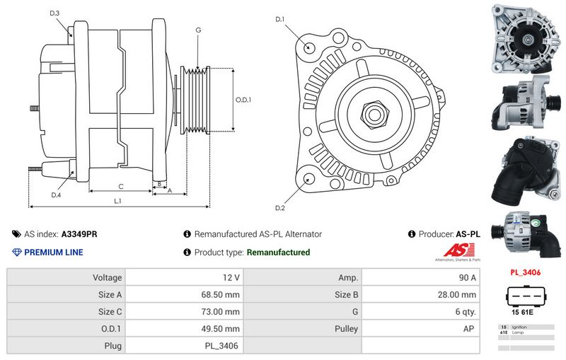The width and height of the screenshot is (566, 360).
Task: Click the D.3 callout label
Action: pyautogui.click(x=55, y=13)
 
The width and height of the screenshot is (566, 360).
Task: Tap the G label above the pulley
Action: pyautogui.click(x=198, y=30)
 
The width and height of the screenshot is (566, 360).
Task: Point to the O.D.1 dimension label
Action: pyautogui.click(x=243, y=100)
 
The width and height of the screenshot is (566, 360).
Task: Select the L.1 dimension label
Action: pyautogui.click(x=117, y=201)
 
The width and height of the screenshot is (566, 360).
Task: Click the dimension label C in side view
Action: pyautogui.click(x=121, y=186)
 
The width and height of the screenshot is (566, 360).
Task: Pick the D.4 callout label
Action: pyautogui.click(x=56, y=195)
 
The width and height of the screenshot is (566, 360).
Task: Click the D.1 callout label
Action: pyautogui.click(x=280, y=19)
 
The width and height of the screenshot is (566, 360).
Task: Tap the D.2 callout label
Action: pyautogui.click(x=280, y=208)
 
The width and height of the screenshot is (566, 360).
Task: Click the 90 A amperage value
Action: pyautogui.click(x=468, y=278)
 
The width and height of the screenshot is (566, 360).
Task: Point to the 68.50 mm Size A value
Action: pyautogui.click(x=221, y=295)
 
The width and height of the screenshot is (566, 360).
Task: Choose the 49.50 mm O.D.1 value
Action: pyautogui.click(x=221, y=329)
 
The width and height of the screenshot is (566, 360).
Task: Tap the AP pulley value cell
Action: pyautogui.click(x=470, y=329)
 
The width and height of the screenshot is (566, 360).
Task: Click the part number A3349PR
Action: pyautogui.click(x=79, y=234)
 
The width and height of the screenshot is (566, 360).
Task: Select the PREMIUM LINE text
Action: pyautogui.click(x=54, y=252)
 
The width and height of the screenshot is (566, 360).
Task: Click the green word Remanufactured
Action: pyautogui.click(x=278, y=252)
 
